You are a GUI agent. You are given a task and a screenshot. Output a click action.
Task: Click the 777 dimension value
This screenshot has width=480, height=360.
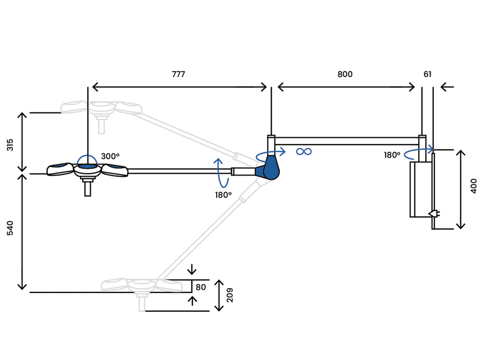pos(178,74)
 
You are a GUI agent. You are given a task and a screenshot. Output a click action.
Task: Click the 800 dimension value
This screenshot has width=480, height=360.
pos(345,74)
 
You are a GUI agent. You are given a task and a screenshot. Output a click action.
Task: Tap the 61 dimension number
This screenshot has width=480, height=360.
pos(428,74)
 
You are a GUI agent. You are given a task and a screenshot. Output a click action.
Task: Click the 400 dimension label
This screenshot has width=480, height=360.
pos(473,186)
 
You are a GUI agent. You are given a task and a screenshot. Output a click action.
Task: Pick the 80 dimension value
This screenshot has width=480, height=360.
pos(201,287)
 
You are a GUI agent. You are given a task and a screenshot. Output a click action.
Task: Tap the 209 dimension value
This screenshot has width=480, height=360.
pos(230,295)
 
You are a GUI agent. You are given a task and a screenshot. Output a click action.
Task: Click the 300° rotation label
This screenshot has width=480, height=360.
pos(110,156)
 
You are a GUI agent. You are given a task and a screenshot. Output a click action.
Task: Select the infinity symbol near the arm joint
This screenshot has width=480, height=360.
pos(304,151)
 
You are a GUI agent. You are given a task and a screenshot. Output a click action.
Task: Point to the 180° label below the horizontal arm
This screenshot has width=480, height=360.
pos(223,195)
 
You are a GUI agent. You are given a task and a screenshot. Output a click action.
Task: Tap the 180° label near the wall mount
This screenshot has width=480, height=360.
pos(392,155)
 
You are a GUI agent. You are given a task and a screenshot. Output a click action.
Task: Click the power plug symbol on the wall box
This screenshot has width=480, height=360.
pos(434,213)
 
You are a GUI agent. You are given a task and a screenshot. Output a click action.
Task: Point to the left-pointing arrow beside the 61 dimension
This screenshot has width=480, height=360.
pos(447,87)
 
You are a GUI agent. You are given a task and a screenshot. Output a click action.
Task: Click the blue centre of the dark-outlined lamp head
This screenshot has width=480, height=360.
pos(87,167)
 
